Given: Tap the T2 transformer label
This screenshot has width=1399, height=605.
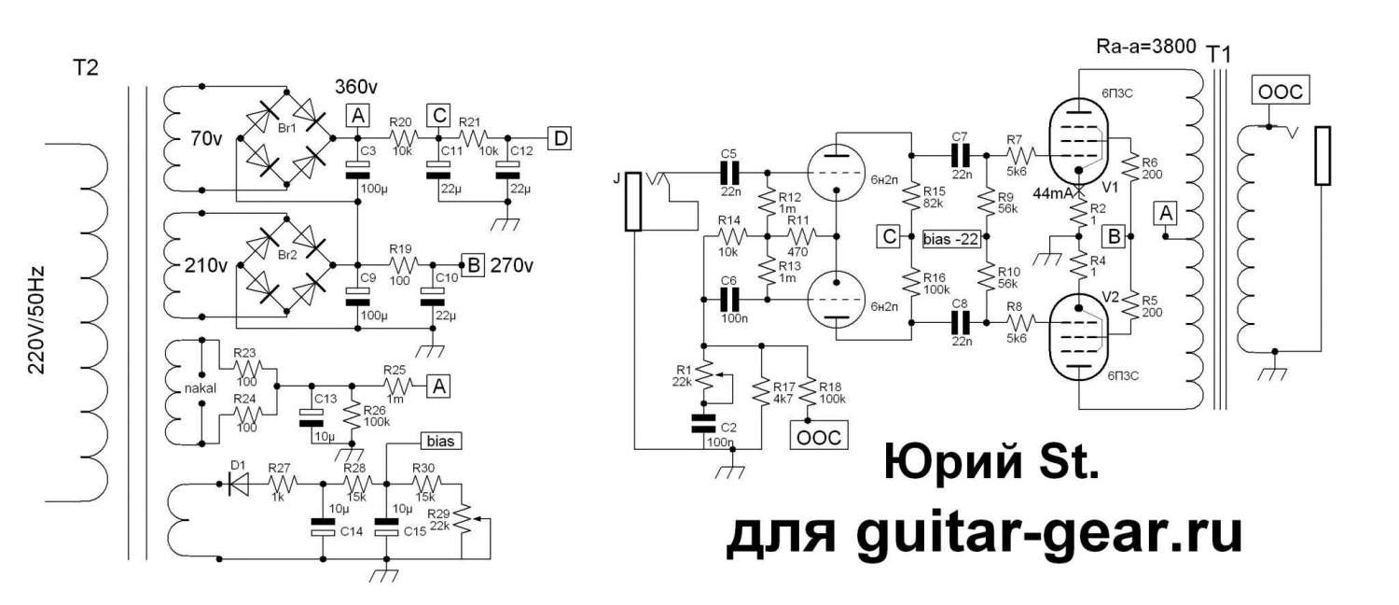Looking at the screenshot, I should tap(84, 67).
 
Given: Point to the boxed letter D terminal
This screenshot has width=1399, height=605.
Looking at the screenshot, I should tap(560, 138).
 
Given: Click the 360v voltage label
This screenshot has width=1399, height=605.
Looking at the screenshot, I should tap(356, 87).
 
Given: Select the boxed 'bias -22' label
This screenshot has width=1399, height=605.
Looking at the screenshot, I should tap(952, 238).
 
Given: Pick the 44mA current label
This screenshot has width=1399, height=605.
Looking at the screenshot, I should tap(1055, 192).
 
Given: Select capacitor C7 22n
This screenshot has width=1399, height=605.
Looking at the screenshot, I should tap(961, 155).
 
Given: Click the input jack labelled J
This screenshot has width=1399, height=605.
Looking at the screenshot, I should tap(633, 201).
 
